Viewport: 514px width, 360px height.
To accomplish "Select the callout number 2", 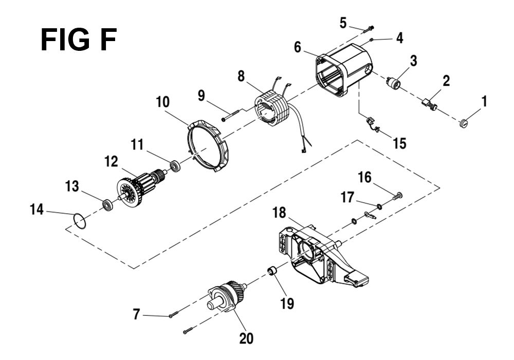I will pyautogui.click(x=446, y=81).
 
